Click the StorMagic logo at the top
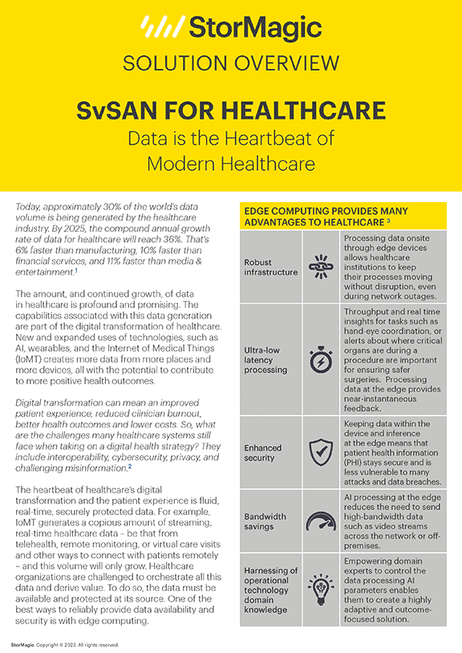pyautogui.click(x=230, y=28)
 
